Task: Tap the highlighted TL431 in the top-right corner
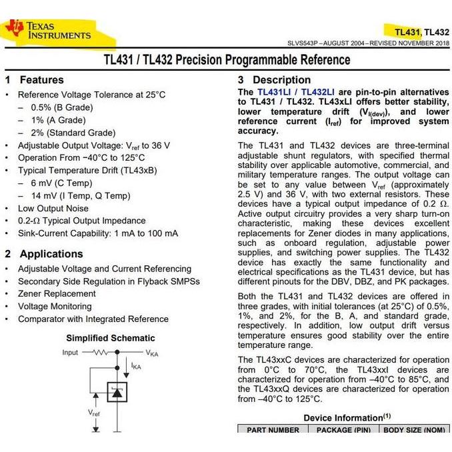point(407,31)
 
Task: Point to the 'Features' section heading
point(41,80)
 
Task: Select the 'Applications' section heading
point(51,254)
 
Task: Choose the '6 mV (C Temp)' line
point(61,183)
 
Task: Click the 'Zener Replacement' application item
point(57,293)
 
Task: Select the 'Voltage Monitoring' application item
point(55,306)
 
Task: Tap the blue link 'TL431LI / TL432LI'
point(296,92)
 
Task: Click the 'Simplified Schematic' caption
point(110,338)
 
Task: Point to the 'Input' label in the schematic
point(70,352)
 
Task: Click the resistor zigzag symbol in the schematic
point(100,352)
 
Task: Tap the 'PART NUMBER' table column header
point(273,430)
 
